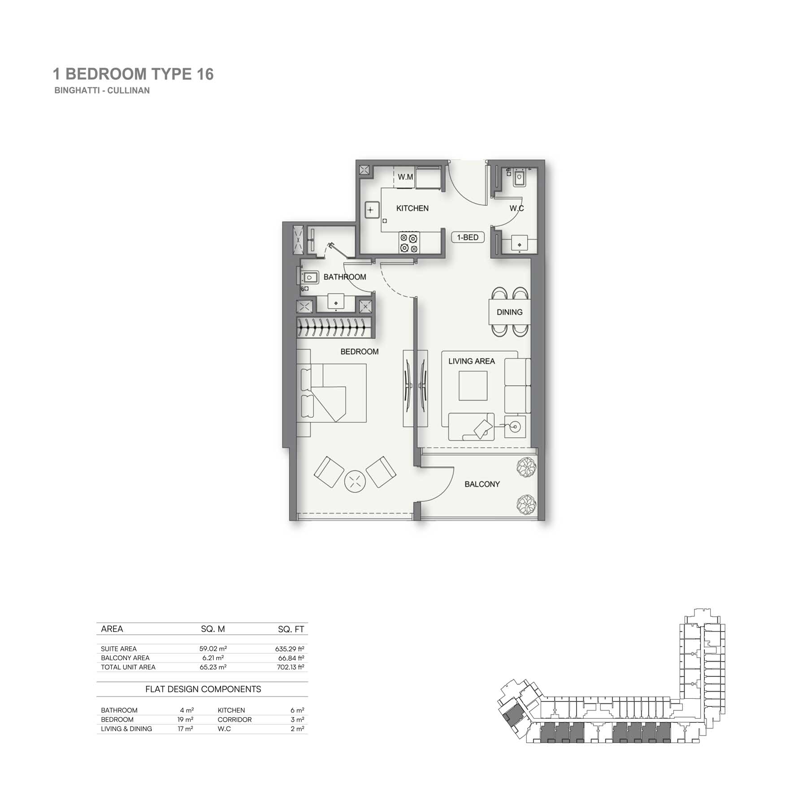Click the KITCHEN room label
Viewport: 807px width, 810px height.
pyautogui.click(x=412, y=208)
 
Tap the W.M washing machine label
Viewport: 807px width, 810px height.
pyautogui.click(x=405, y=177)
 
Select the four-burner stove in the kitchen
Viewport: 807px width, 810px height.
pyautogui.click(x=409, y=243)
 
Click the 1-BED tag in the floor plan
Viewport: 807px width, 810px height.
pyautogui.click(x=468, y=237)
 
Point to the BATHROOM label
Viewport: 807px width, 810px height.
pyautogui.click(x=345, y=277)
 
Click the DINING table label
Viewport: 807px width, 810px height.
pyautogui.click(x=509, y=312)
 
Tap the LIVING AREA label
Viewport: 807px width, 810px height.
pyautogui.click(x=472, y=361)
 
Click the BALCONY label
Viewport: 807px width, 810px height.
pyautogui.click(x=482, y=484)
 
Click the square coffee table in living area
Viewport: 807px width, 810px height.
pyautogui.click(x=473, y=386)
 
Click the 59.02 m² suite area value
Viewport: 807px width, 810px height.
pyautogui.click(x=213, y=649)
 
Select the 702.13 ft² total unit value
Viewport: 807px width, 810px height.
pyautogui.click(x=291, y=667)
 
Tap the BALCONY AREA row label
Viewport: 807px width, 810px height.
pyautogui.click(x=125, y=658)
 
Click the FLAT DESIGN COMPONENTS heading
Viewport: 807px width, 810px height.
pyautogui.click(x=203, y=689)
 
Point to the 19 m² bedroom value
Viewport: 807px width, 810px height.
pyautogui.click(x=185, y=719)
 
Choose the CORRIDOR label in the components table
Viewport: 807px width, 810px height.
pyautogui.click(x=234, y=719)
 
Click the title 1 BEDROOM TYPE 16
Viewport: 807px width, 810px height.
pyautogui.click(x=133, y=74)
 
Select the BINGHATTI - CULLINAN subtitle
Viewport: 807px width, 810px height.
pyautogui.click(x=102, y=90)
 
